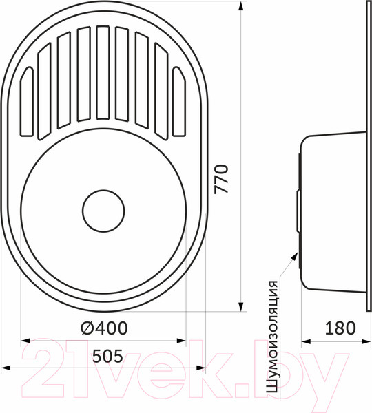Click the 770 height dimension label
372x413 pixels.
click(x=221, y=179)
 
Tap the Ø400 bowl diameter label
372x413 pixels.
click(x=105, y=328)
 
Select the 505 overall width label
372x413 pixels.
click(x=107, y=356)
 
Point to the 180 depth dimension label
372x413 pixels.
click(x=340, y=328)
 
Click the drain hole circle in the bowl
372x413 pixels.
click(x=103, y=211)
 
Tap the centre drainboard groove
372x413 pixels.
click(x=103, y=73)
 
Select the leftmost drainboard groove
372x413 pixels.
click(x=27, y=102)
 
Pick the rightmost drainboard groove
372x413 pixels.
click(x=179, y=102)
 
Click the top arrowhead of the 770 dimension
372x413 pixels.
click(x=240, y=6)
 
